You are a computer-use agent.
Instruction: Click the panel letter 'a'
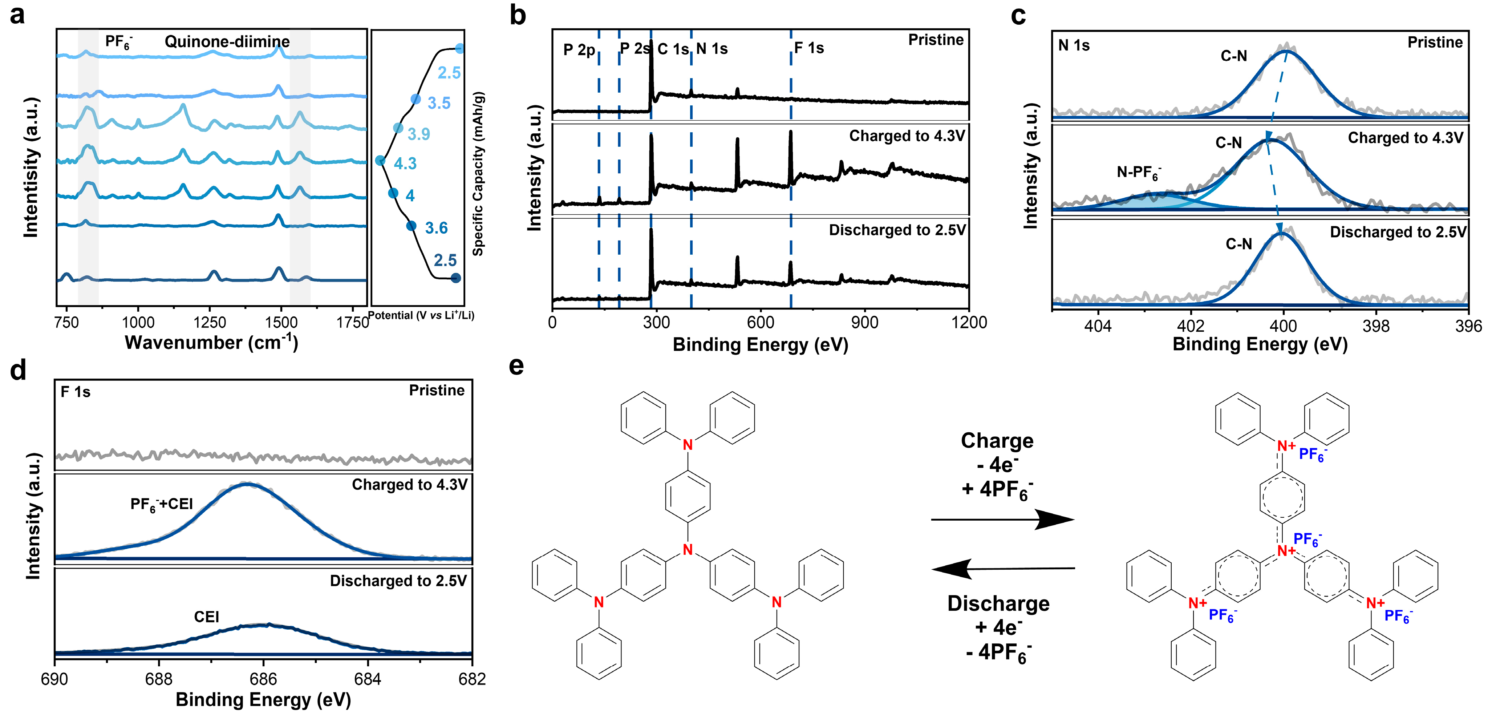(x=17, y=15)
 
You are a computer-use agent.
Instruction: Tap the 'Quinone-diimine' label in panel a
(x=227, y=42)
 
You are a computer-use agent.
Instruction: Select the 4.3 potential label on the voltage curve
(x=405, y=163)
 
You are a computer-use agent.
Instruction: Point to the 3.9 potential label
(x=419, y=134)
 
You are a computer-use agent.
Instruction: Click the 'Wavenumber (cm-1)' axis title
(x=211, y=343)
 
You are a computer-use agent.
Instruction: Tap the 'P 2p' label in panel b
(x=579, y=50)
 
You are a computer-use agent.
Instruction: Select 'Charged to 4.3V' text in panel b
(x=907, y=136)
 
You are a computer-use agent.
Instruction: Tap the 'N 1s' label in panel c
(x=1074, y=46)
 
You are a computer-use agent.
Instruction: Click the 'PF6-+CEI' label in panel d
(x=161, y=505)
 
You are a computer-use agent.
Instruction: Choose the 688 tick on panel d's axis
(x=159, y=679)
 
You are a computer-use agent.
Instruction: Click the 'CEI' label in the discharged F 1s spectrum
(x=206, y=617)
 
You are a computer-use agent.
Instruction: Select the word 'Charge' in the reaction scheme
(x=997, y=440)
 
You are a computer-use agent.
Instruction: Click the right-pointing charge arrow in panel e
(x=1002, y=520)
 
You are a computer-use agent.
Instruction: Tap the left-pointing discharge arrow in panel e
(x=1002, y=569)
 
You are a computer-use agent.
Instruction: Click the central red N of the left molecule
(x=688, y=549)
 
